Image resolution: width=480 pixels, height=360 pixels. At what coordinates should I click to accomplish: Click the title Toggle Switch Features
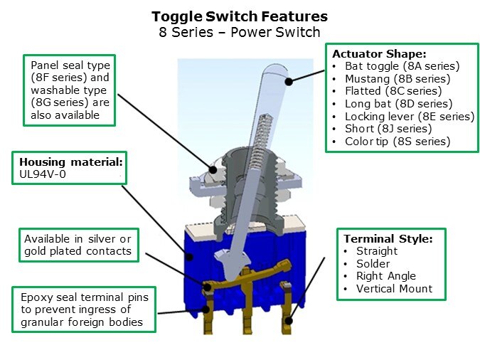pyautogui.click(x=240, y=17)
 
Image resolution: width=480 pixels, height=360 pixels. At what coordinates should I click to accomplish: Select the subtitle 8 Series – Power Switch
pyautogui.click(x=240, y=32)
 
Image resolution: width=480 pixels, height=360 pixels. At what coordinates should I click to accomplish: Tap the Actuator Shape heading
pyautogui.click(x=379, y=54)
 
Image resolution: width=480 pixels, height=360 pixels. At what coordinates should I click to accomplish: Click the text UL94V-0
pyautogui.click(x=43, y=174)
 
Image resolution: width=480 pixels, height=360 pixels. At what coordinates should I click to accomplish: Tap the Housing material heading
pyautogui.click(x=71, y=162)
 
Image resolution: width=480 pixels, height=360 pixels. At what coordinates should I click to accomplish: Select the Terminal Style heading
pyautogui.click(x=388, y=238)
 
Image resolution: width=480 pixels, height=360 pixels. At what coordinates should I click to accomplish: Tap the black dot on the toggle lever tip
pyautogui.click(x=289, y=82)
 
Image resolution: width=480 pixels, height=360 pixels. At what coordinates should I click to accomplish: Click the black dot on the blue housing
pyautogui.click(x=189, y=257)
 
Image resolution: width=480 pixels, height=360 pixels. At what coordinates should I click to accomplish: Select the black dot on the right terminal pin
pyautogui.click(x=289, y=321)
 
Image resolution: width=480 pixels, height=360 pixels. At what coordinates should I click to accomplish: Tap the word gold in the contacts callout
pyautogui.click(x=36, y=252)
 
